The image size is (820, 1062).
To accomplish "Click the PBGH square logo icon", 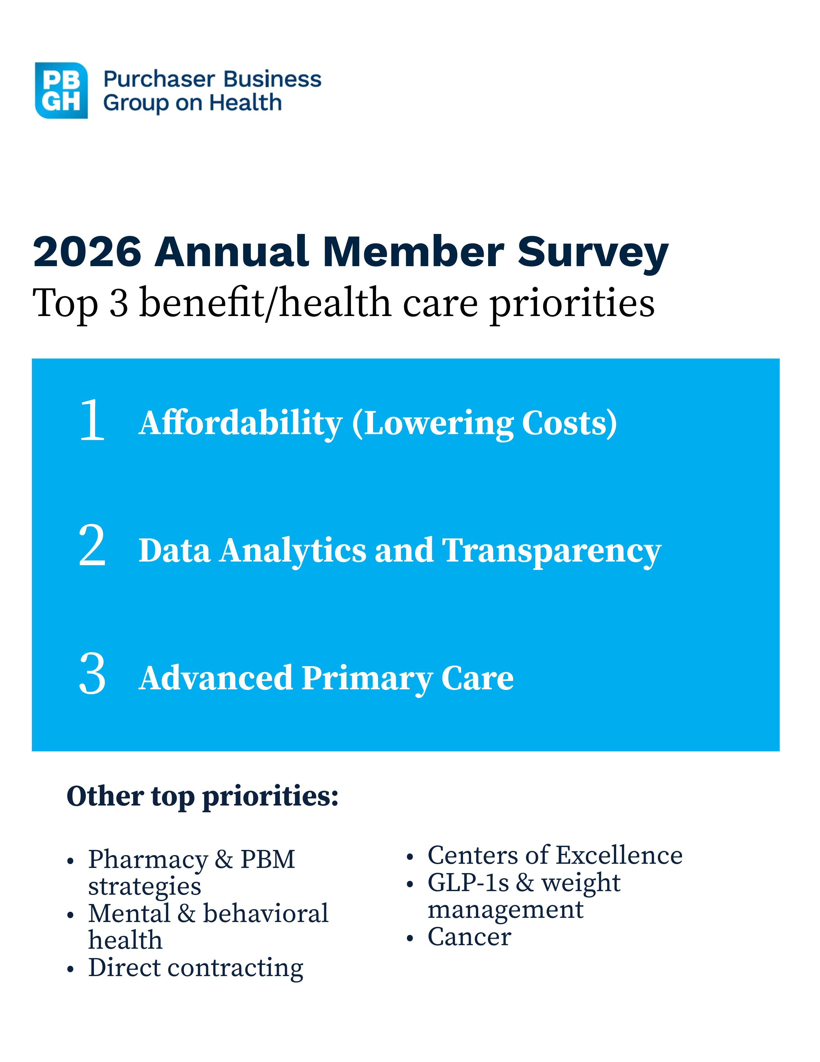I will [61, 90].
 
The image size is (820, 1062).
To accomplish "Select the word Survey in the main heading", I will [593, 253].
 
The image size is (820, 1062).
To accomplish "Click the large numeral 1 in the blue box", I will [92, 420].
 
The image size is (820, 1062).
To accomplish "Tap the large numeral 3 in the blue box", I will [92, 674].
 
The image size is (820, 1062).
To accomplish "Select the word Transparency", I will [551, 551].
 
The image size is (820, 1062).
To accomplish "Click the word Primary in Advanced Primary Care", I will [367, 679].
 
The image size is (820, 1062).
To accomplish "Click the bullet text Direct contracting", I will [196, 968].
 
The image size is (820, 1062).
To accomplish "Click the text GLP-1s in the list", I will [468, 882].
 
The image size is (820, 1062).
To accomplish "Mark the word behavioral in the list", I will [265, 914].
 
